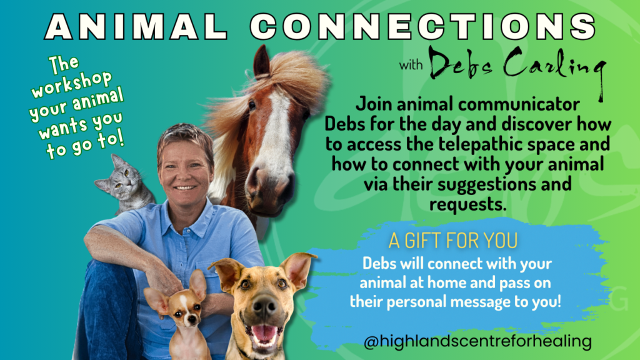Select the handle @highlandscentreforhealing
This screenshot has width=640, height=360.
[477, 342]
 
